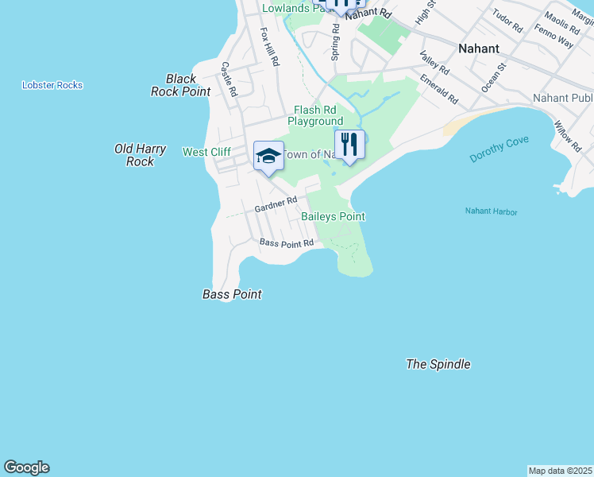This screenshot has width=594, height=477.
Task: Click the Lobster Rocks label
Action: (52, 85)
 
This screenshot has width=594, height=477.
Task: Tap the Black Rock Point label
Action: (181, 85)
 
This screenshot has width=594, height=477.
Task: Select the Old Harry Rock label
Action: (134, 155)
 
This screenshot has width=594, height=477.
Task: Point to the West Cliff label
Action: (206, 152)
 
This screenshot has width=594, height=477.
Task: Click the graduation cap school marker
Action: (268, 156)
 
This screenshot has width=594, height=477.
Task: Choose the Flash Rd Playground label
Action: (315, 116)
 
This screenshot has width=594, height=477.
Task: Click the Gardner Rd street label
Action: (276, 204)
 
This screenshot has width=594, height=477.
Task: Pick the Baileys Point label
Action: (333, 216)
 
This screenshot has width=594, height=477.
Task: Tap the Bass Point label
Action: (232, 294)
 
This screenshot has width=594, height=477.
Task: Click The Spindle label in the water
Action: (438, 364)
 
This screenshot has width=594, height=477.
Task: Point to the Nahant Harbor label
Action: (491, 211)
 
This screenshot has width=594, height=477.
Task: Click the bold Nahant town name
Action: (479, 48)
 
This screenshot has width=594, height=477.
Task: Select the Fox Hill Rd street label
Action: (270, 47)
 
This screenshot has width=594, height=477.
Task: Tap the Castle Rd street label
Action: (229, 79)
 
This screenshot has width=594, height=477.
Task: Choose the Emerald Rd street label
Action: (439, 90)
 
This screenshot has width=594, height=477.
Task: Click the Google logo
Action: (26, 467)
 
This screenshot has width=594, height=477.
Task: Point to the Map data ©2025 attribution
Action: (560, 471)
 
